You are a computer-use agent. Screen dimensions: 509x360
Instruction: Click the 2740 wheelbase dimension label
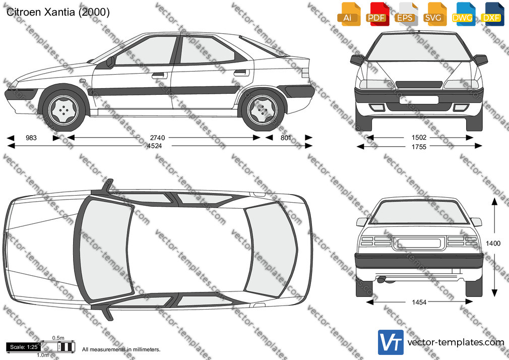pos(157,138)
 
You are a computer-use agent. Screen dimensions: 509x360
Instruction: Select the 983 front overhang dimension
pos(31,138)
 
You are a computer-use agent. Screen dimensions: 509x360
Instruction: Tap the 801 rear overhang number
pos(286,138)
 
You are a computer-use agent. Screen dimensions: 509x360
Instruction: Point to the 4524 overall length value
pos(154,146)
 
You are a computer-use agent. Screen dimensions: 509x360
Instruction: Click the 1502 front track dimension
pos(419,138)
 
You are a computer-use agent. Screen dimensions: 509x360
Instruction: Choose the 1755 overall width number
pos(419,147)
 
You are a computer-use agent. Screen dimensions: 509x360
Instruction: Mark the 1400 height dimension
pos(493,244)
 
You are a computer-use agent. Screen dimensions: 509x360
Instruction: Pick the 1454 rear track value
pos(419,302)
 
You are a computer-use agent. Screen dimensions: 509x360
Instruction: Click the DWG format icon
pos(462,14)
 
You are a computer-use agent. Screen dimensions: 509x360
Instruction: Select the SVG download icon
pos(434,14)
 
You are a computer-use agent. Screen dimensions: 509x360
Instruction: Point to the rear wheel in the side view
pos(263,110)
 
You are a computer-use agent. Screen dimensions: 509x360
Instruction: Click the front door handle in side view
pos(158,76)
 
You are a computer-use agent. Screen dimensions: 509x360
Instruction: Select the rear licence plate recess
pos(419,243)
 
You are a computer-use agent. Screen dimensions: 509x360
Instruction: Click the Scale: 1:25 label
pos(24,347)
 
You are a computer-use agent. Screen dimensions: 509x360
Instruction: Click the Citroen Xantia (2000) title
pos(58,12)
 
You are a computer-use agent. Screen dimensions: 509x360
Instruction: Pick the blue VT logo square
pos(391,342)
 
